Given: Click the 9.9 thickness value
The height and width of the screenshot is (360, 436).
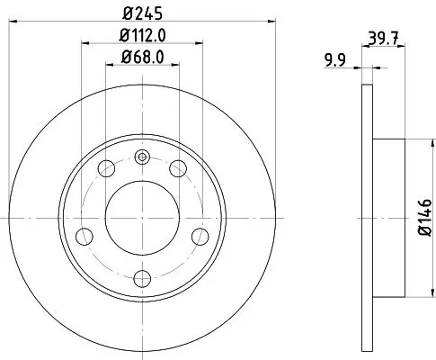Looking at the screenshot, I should tap(334, 60).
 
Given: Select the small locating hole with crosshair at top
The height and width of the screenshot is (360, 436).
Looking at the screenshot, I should tap(140, 158).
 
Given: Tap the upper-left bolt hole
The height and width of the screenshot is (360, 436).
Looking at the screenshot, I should tap(106, 168).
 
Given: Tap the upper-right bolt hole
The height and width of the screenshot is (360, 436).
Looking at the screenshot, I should tap(177, 168).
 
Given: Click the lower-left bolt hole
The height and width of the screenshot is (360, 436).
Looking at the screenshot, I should tap(85, 236).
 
